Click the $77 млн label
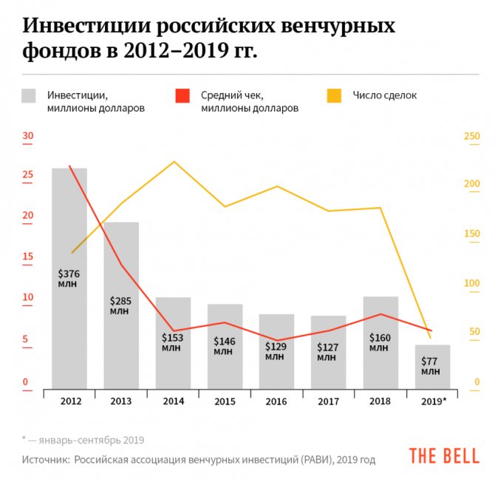tap(431, 366)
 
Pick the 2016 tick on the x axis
tap(276, 401)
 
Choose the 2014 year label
tap(172, 401)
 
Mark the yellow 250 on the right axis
tap(471, 136)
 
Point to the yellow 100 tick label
tap(471, 283)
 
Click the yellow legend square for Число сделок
tap(335, 96)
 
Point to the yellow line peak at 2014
tap(173, 161)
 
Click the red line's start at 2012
tap(69, 166)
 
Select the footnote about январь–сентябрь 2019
tap(83, 439)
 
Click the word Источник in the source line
tap(44, 460)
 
